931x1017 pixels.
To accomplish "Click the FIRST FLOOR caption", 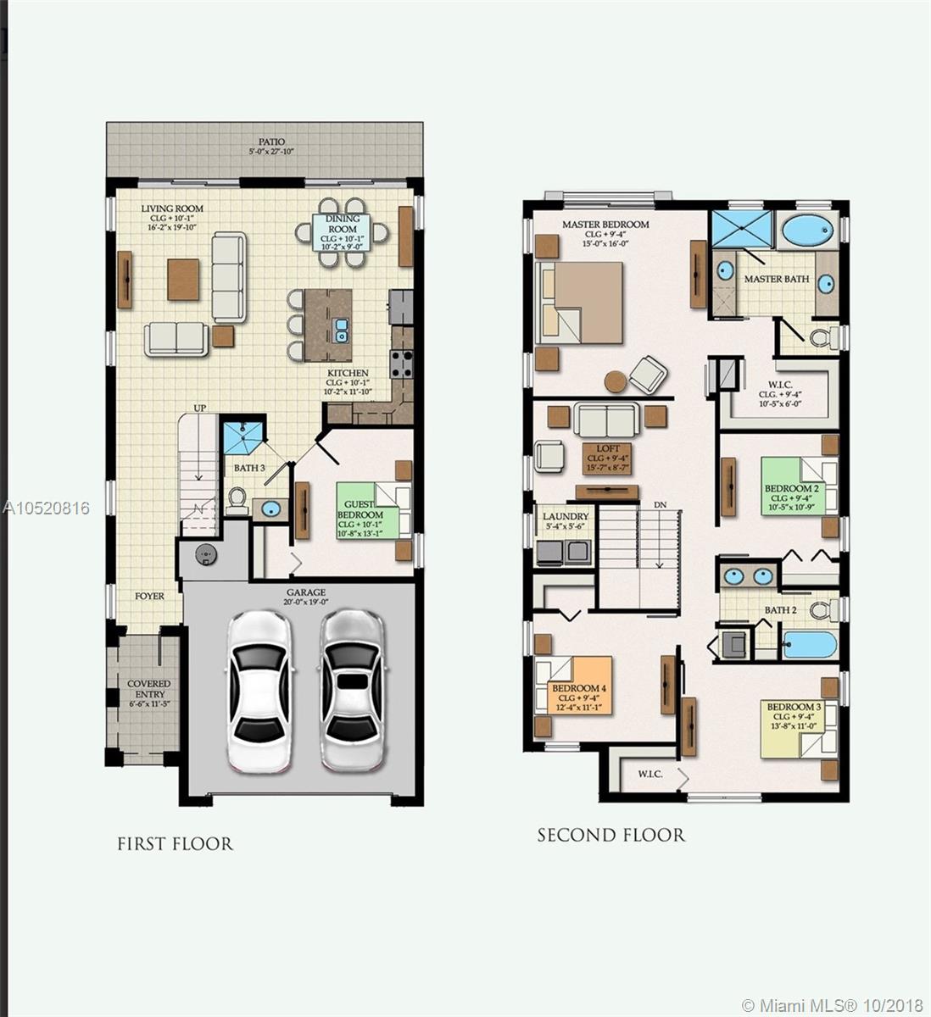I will click(x=175, y=843).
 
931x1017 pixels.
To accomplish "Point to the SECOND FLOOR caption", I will click(x=610, y=835).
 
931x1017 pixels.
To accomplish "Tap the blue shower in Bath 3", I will click(x=243, y=436).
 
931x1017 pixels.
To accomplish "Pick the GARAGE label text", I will click(x=305, y=592).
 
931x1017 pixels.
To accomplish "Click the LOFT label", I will click(x=608, y=448).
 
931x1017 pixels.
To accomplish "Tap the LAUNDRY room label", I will click(x=566, y=516).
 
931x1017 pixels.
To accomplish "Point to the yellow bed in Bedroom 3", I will click(x=797, y=726).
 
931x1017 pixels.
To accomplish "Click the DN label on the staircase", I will click(x=661, y=505).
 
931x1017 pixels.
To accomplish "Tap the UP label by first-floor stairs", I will click(x=200, y=408).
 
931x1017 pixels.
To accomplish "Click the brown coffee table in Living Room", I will click(x=183, y=280).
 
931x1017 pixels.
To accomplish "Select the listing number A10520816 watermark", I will click(x=46, y=508).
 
